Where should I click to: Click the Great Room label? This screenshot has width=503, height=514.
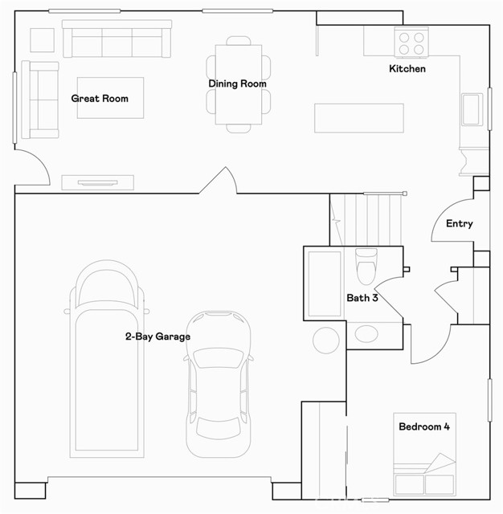click(100, 98)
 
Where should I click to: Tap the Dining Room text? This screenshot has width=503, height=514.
click(237, 84)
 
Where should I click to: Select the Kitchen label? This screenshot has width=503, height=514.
click(407, 68)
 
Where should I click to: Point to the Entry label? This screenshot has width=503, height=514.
click(460, 223)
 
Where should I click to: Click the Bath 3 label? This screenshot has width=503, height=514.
click(362, 298)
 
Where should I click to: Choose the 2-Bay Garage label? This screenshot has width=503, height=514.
click(157, 337)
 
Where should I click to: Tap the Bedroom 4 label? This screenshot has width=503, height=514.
click(424, 426)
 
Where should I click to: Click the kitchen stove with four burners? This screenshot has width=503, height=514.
click(411, 43)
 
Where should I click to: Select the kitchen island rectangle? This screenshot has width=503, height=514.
click(359, 118)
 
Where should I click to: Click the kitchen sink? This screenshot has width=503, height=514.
click(472, 109)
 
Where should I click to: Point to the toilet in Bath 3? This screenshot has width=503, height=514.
click(366, 266)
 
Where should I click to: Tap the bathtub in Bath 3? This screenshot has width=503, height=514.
click(325, 284)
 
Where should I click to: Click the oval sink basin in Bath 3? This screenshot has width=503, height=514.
click(366, 334)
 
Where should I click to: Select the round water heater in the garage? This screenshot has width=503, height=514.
click(326, 341)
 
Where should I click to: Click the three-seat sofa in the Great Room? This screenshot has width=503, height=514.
click(117, 39)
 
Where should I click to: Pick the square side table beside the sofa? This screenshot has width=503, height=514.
click(43, 40)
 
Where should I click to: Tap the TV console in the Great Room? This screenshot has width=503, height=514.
click(98, 182)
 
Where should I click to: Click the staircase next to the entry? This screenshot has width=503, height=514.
click(366, 219)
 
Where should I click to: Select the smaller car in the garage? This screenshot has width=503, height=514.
click(219, 384)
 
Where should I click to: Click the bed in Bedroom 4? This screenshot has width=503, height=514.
click(424, 454)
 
